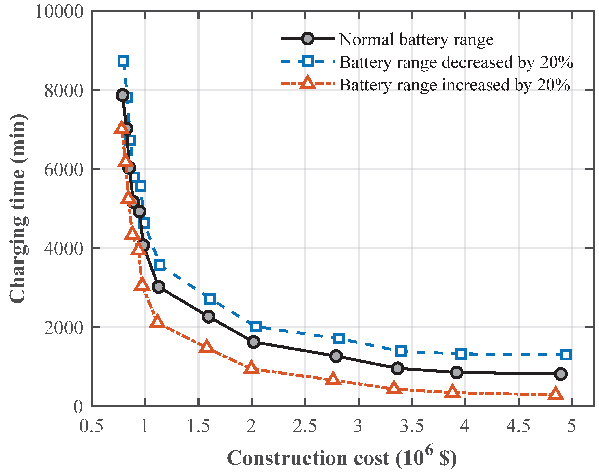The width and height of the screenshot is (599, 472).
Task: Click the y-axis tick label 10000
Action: tap(59, 12)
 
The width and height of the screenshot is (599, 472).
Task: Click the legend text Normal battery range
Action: tap(416, 39)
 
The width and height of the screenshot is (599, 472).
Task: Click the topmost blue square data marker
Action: tap(123, 61)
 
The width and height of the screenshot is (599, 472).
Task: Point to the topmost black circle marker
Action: tap(122, 95)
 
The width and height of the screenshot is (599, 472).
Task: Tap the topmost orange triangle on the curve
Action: tap(121, 128)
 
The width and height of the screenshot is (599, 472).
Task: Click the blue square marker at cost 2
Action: tap(255, 326)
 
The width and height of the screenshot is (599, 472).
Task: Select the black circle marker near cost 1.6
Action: tap(208, 316)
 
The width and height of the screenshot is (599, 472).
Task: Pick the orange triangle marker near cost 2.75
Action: tap(333, 379)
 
